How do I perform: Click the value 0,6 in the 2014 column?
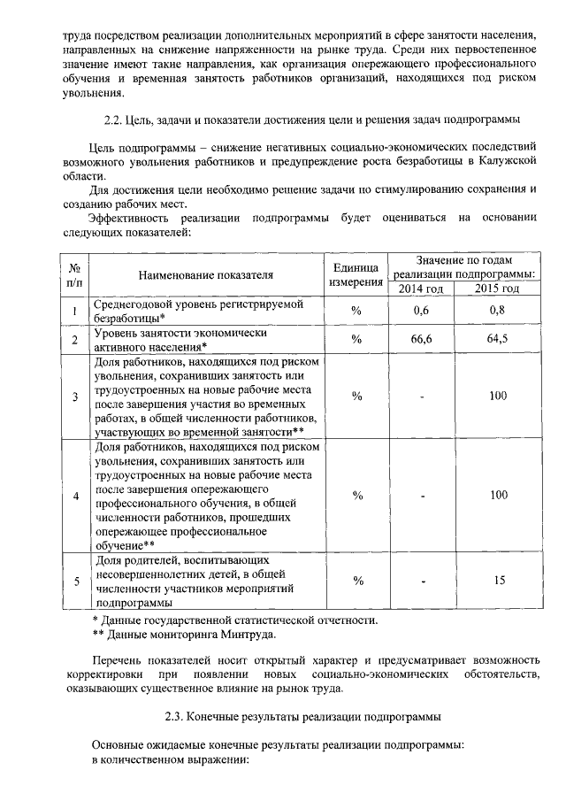point(421,311)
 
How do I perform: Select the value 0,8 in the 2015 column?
point(497,311)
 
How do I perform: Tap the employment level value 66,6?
point(421,340)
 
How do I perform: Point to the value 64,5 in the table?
point(497,340)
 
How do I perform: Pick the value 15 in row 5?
point(497,581)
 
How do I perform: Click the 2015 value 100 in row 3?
point(497,396)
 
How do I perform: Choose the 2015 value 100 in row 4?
point(497,495)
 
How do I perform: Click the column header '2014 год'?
point(421,289)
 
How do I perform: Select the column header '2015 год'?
point(497,289)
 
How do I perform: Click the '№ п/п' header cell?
point(74,274)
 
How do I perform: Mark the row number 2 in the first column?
point(74,340)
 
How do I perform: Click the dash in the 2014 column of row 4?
point(422,496)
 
